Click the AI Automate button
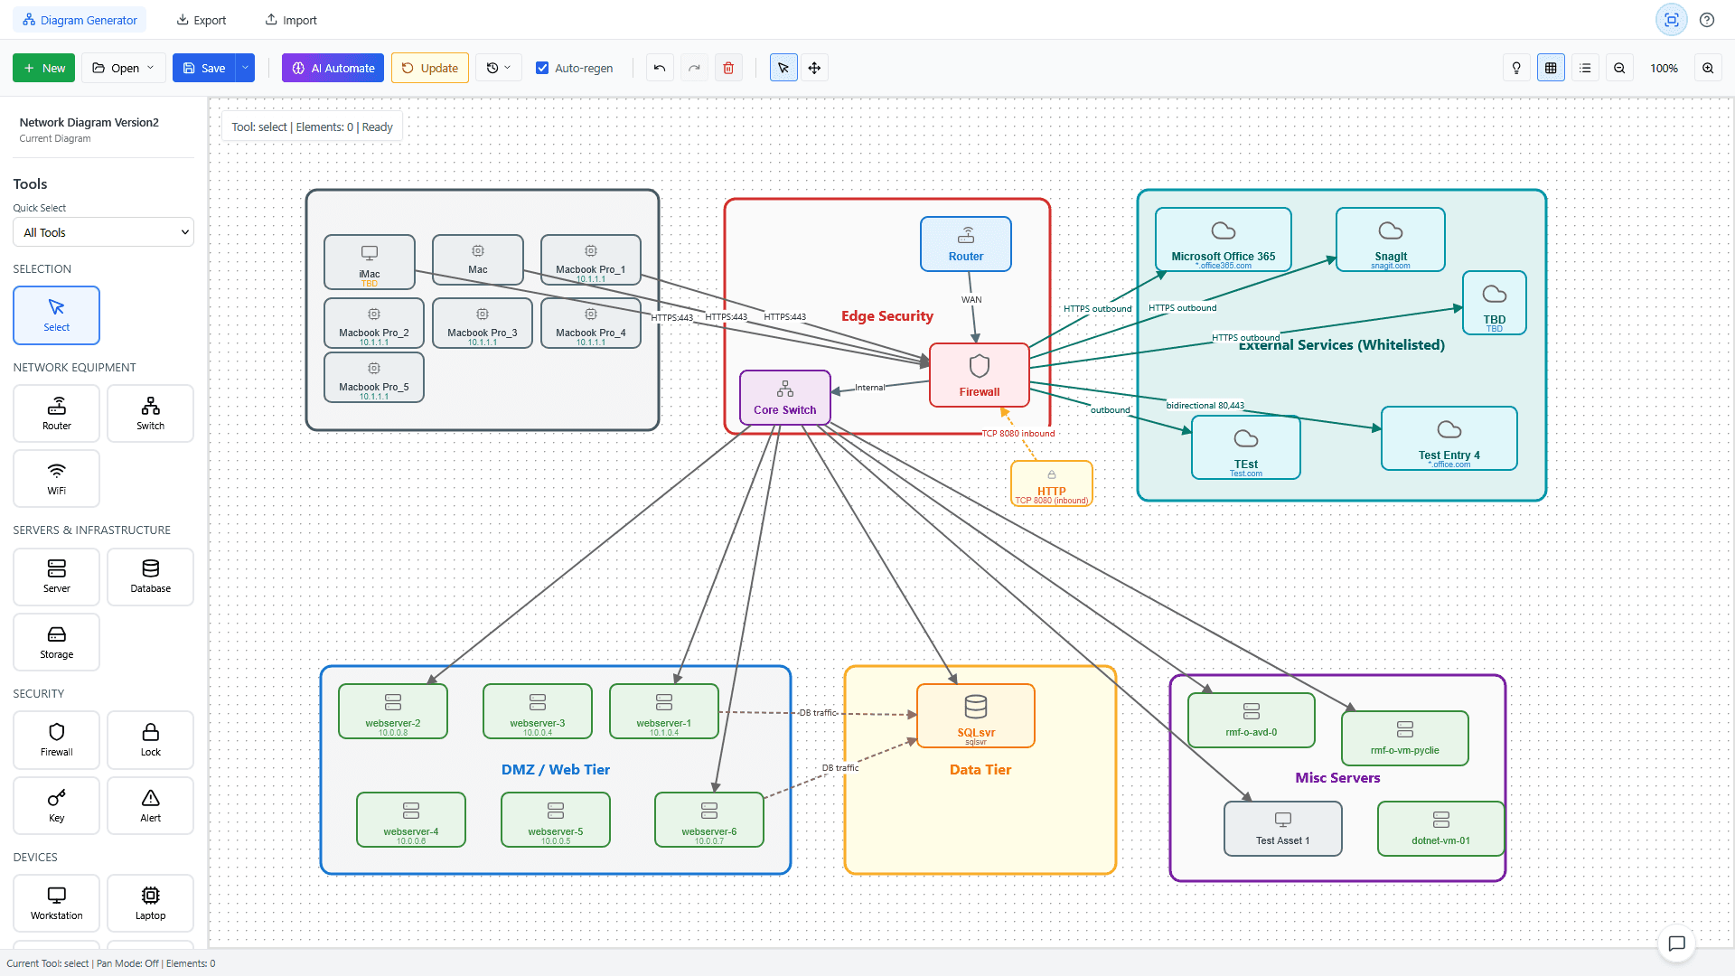333,68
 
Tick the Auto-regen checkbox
542,68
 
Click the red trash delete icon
728,68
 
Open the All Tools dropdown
103,232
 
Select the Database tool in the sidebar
150,577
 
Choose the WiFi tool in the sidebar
56,478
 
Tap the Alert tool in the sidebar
150,805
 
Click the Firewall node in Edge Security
980,375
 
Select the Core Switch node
784,398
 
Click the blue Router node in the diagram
965,244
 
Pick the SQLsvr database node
975,716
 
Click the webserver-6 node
708,820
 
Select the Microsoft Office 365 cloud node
1223,239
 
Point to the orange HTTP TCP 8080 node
1051,484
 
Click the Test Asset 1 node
1282,829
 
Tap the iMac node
369,262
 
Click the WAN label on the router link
971,300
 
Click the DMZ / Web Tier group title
555,770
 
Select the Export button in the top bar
201,20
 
